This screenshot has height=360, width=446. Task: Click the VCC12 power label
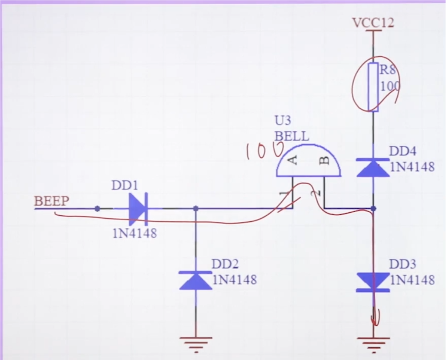click(373, 22)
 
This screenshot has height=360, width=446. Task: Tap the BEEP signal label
click(51, 201)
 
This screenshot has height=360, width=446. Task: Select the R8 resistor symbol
click(373, 87)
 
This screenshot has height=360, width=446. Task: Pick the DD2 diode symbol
click(196, 280)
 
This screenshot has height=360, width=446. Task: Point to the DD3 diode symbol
click(373, 282)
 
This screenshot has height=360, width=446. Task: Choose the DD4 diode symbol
click(373, 167)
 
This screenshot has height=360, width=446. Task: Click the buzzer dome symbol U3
click(308, 160)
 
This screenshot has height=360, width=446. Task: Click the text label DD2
click(225, 264)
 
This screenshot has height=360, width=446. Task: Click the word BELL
click(291, 136)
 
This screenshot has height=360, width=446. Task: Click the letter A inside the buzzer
click(294, 160)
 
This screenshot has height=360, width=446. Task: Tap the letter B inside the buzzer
click(324, 161)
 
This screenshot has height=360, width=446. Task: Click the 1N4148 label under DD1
click(135, 233)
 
